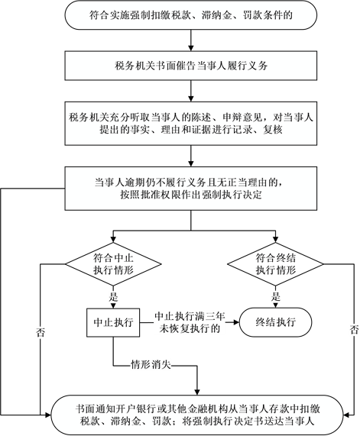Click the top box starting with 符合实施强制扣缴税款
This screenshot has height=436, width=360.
(191, 15)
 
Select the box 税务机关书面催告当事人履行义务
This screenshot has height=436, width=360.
(191, 66)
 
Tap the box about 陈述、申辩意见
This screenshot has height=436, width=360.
(191, 124)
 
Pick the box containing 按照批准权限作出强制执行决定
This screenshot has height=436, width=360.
(191, 189)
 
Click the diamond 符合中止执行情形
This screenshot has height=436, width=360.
(113, 264)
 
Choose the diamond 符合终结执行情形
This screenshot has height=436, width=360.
(276, 264)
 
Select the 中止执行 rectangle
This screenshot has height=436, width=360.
(113, 322)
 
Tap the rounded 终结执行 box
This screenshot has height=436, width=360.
(276, 322)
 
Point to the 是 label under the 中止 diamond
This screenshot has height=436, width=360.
(113, 297)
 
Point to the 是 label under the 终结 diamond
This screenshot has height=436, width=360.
(276, 297)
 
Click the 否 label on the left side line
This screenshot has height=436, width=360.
(41, 333)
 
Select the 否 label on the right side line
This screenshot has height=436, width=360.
(354, 330)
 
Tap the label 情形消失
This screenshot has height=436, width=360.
(151, 364)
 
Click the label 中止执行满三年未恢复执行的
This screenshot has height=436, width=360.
(190, 322)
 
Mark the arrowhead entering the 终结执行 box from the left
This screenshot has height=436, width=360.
(237, 322)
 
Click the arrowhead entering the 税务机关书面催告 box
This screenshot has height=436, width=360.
(191, 48)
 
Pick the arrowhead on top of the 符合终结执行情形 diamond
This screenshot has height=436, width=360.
(276, 240)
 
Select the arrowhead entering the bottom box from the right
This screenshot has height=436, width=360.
(347, 415)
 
